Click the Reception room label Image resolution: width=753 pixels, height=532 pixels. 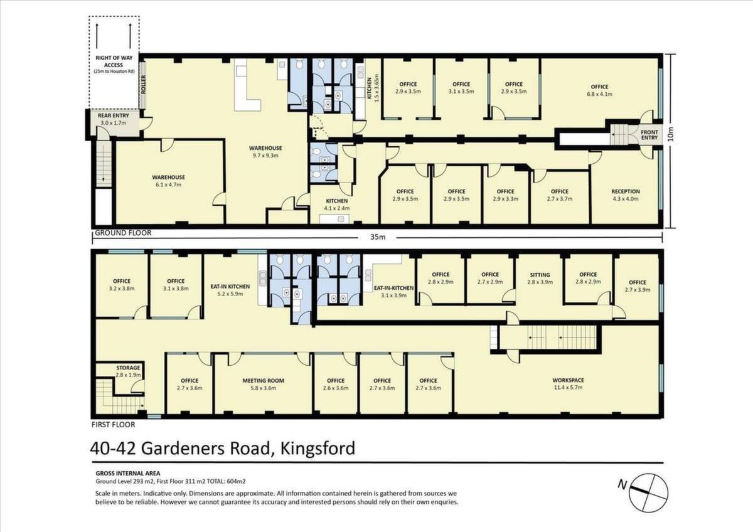pos(625,195)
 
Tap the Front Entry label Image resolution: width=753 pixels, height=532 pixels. pos(649,135)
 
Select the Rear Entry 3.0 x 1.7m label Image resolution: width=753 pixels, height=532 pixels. pos(114,119)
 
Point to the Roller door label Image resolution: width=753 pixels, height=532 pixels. pos(144,84)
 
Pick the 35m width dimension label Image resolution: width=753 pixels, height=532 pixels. pos(378,237)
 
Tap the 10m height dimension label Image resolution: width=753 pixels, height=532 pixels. pos(671,134)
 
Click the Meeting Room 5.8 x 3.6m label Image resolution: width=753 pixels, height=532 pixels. pos(263,384)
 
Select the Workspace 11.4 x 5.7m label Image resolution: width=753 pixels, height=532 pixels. pos(568,384)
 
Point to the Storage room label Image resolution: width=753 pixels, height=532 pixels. pos(128,371)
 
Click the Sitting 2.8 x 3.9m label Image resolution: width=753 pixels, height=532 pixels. pos(540,279)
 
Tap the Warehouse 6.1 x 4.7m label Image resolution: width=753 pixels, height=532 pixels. pos(168,181)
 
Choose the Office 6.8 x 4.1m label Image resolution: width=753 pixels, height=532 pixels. pos(600,90)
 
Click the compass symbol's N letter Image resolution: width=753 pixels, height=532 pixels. pos(622,484)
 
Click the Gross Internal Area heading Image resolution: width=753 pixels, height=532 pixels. pos(128,474)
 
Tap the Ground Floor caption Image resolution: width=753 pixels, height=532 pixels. pos(123,233)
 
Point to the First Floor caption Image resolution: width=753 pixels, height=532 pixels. pos(114,425)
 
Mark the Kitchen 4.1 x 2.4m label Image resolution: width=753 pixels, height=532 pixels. pos(337,205)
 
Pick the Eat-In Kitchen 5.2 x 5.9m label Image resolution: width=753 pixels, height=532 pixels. pos(230,290)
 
